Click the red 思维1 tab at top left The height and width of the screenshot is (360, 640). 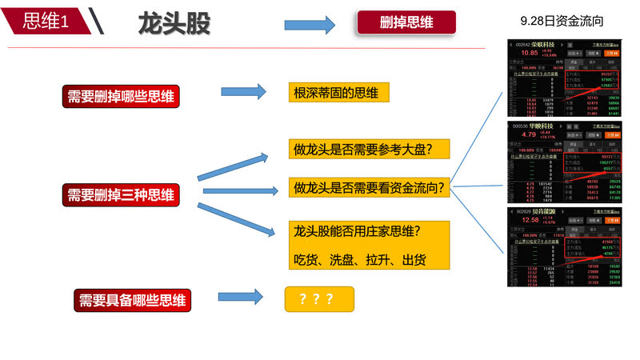[x=44, y=22]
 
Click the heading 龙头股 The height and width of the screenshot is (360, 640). [x=174, y=23]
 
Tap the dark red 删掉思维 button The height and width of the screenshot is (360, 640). [x=406, y=22]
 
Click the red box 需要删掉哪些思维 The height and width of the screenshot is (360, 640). [x=122, y=97]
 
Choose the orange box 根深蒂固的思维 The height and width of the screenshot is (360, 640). [x=338, y=93]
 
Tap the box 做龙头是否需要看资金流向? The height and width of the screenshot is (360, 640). [x=370, y=188]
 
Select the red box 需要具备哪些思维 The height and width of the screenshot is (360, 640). [x=132, y=300]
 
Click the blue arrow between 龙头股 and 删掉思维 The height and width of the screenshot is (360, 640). [x=310, y=24]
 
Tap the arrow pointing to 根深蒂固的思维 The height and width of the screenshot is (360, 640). [x=243, y=90]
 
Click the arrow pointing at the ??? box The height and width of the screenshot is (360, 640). [x=240, y=298]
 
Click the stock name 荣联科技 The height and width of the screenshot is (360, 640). [x=545, y=45]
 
